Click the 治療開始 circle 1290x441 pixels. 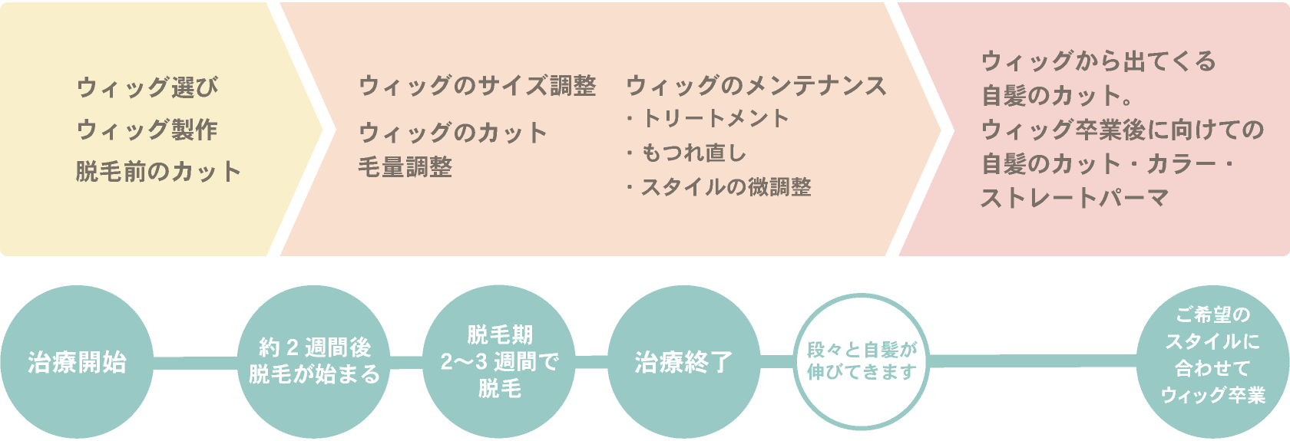[x=77, y=362]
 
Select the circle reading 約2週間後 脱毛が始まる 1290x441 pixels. [x=315, y=362]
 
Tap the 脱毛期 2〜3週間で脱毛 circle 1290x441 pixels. [x=499, y=362]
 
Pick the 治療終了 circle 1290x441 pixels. [x=683, y=362]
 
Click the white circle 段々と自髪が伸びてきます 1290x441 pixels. [x=862, y=362]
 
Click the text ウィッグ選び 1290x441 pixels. [x=147, y=87]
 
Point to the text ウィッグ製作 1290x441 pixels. [x=147, y=130]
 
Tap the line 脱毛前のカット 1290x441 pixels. [x=159, y=171]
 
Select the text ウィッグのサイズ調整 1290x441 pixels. [x=477, y=86]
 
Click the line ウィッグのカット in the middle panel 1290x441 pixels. [x=453, y=133]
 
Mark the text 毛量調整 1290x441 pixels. [x=405, y=167]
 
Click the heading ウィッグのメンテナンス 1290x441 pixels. [x=756, y=86]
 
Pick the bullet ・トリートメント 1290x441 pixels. [x=708, y=119]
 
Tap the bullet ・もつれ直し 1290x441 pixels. [x=686, y=153]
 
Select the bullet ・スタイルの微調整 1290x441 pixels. [x=719, y=187]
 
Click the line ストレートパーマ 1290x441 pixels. [x=1075, y=199]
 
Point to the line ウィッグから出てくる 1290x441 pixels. [x=1099, y=61]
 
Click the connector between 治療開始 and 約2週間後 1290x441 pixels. [x=196, y=362]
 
